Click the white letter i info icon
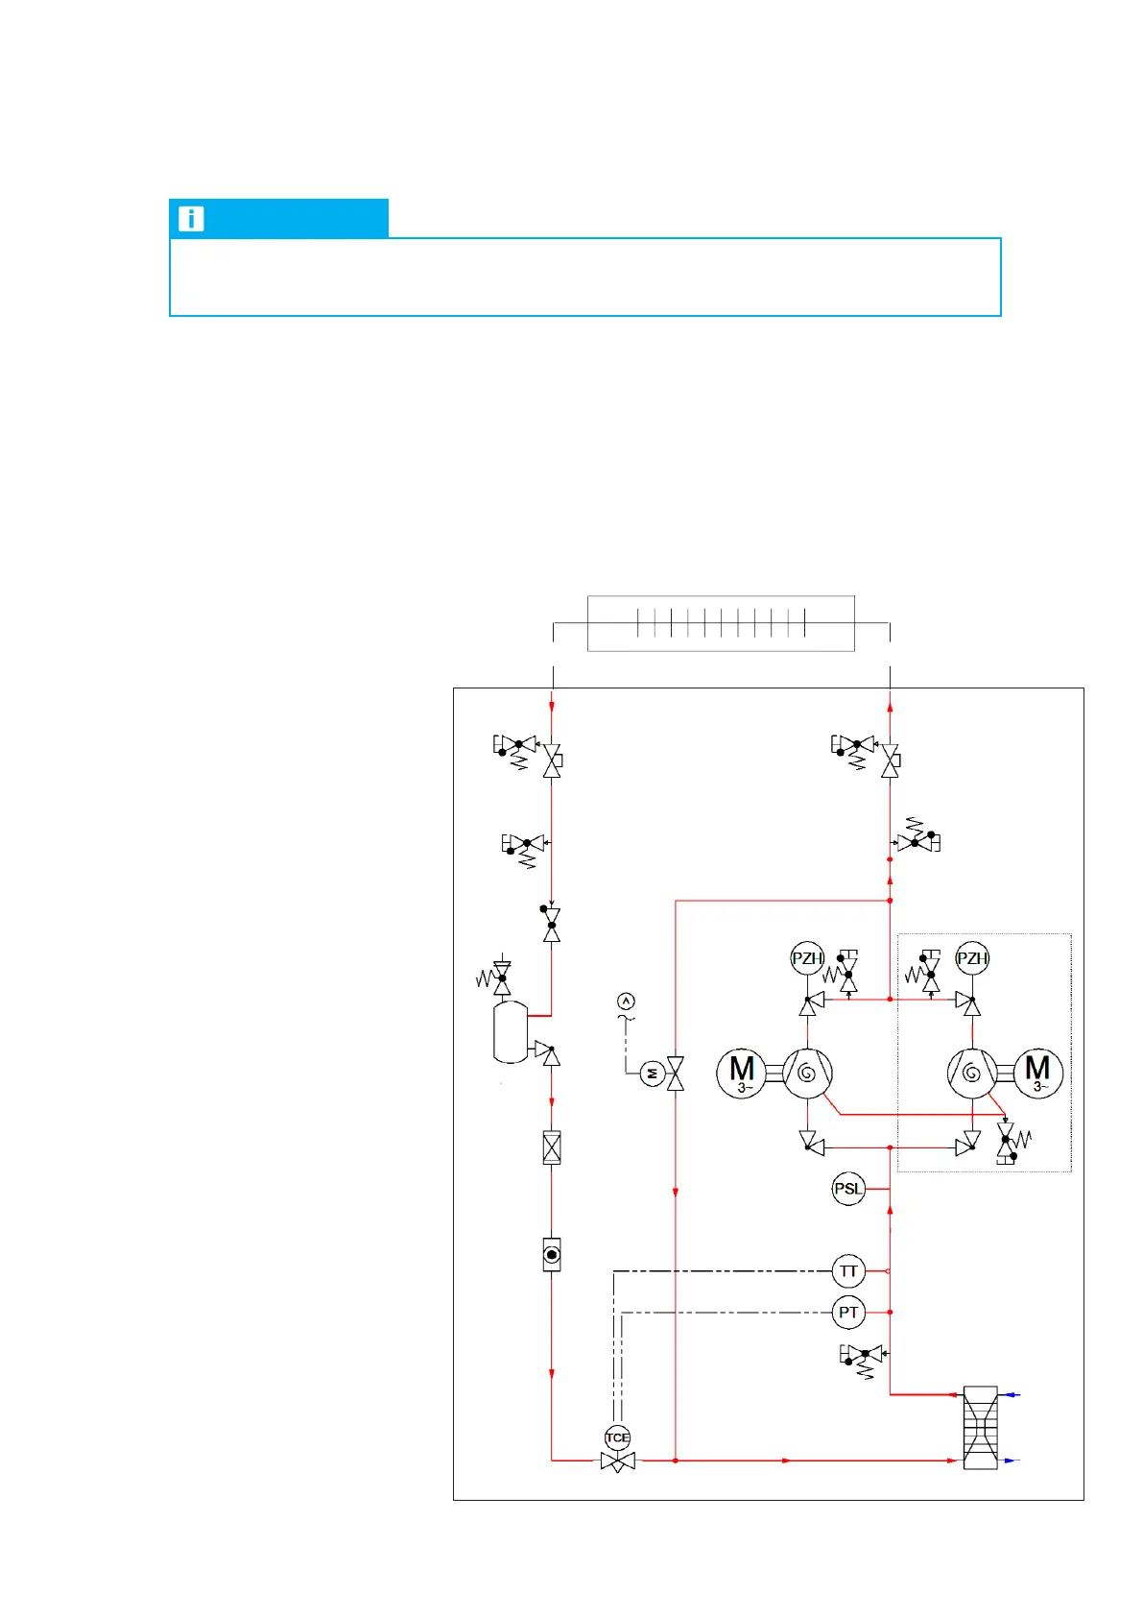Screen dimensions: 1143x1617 [191, 219]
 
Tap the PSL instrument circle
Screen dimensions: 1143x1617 [848, 1189]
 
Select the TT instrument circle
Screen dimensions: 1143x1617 [848, 1271]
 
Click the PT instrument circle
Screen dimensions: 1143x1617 [848, 1313]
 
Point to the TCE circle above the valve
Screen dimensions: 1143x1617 [617, 1437]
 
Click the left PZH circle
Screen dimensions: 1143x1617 [807, 958]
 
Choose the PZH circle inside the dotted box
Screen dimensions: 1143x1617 [972, 958]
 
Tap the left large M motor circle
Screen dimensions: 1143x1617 [742, 1073]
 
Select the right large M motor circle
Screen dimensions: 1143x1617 [1037, 1073]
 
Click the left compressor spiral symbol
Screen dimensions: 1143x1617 [807, 1073]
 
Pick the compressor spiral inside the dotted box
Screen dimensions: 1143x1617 [971, 1073]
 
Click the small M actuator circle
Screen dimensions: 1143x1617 [653, 1073]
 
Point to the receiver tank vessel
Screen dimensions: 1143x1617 [511, 1032]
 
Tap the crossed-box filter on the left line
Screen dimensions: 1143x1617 [552, 1147]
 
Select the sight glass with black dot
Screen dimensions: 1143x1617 [552, 1254]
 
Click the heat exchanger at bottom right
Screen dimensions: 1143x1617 [980, 1428]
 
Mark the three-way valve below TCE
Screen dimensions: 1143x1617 [617, 1461]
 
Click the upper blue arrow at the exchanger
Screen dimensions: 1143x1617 [1012, 1394]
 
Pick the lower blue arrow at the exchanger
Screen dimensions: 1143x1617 [1012, 1460]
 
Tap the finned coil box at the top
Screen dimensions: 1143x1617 [721, 623]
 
